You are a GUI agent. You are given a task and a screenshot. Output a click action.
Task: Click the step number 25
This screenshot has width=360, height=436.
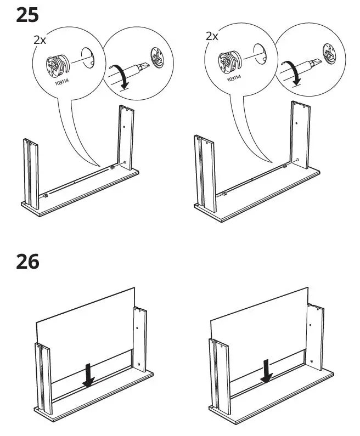pyautogui.click(x=27, y=14)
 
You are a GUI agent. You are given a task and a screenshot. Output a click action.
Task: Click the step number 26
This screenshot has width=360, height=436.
pyautogui.click(x=27, y=262)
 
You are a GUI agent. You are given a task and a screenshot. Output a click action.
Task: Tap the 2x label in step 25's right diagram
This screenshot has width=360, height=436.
pyautogui.click(x=212, y=36)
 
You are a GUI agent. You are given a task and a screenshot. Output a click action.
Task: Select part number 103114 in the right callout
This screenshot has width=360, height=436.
pyautogui.click(x=234, y=78)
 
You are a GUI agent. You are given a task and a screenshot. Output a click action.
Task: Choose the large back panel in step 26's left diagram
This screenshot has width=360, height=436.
pyautogui.click(x=85, y=324)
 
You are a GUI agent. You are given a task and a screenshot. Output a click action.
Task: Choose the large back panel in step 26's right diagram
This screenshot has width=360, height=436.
pyautogui.click(x=258, y=318)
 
